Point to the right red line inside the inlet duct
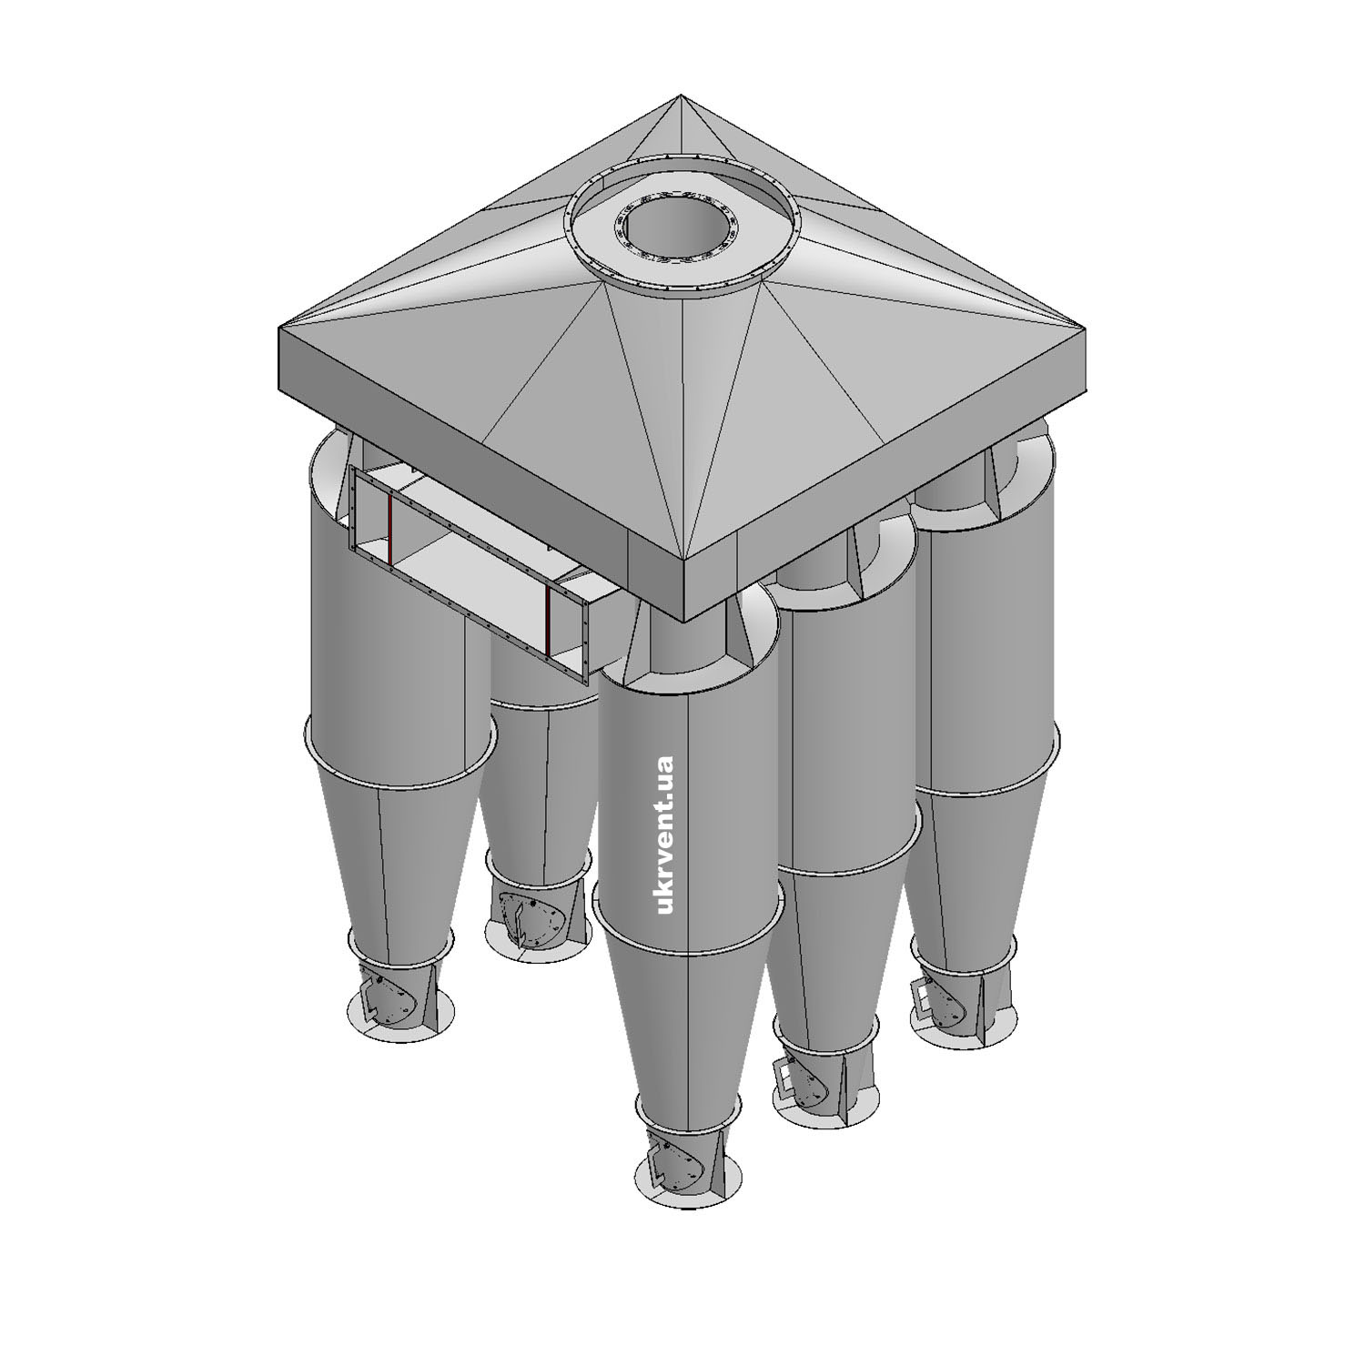tap(549, 622)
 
